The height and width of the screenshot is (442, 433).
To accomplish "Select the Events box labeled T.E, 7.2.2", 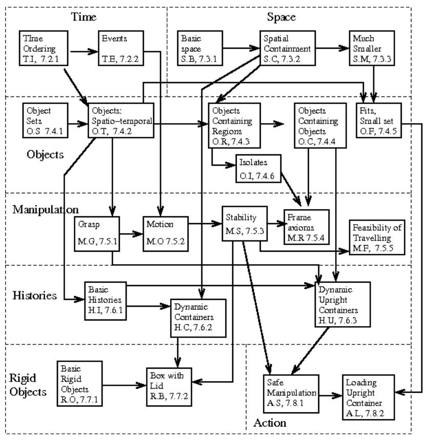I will (x=118, y=48).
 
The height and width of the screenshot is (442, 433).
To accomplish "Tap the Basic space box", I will (x=199, y=48).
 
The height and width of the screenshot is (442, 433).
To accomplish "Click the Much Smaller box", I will (x=372, y=48).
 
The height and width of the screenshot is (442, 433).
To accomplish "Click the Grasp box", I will (x=96, y=233).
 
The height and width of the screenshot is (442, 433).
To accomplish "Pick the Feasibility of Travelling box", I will (x=377, y=237).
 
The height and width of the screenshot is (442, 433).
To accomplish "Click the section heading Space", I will (x=281, y=17).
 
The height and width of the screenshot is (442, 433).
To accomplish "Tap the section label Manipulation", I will (x=45, y=210).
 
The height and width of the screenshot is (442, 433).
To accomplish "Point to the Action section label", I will (x=270, y=423).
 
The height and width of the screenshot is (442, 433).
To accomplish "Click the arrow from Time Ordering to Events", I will (x=84, y=51).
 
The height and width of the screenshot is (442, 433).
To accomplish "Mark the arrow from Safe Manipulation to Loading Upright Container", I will (x=331, y=396).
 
